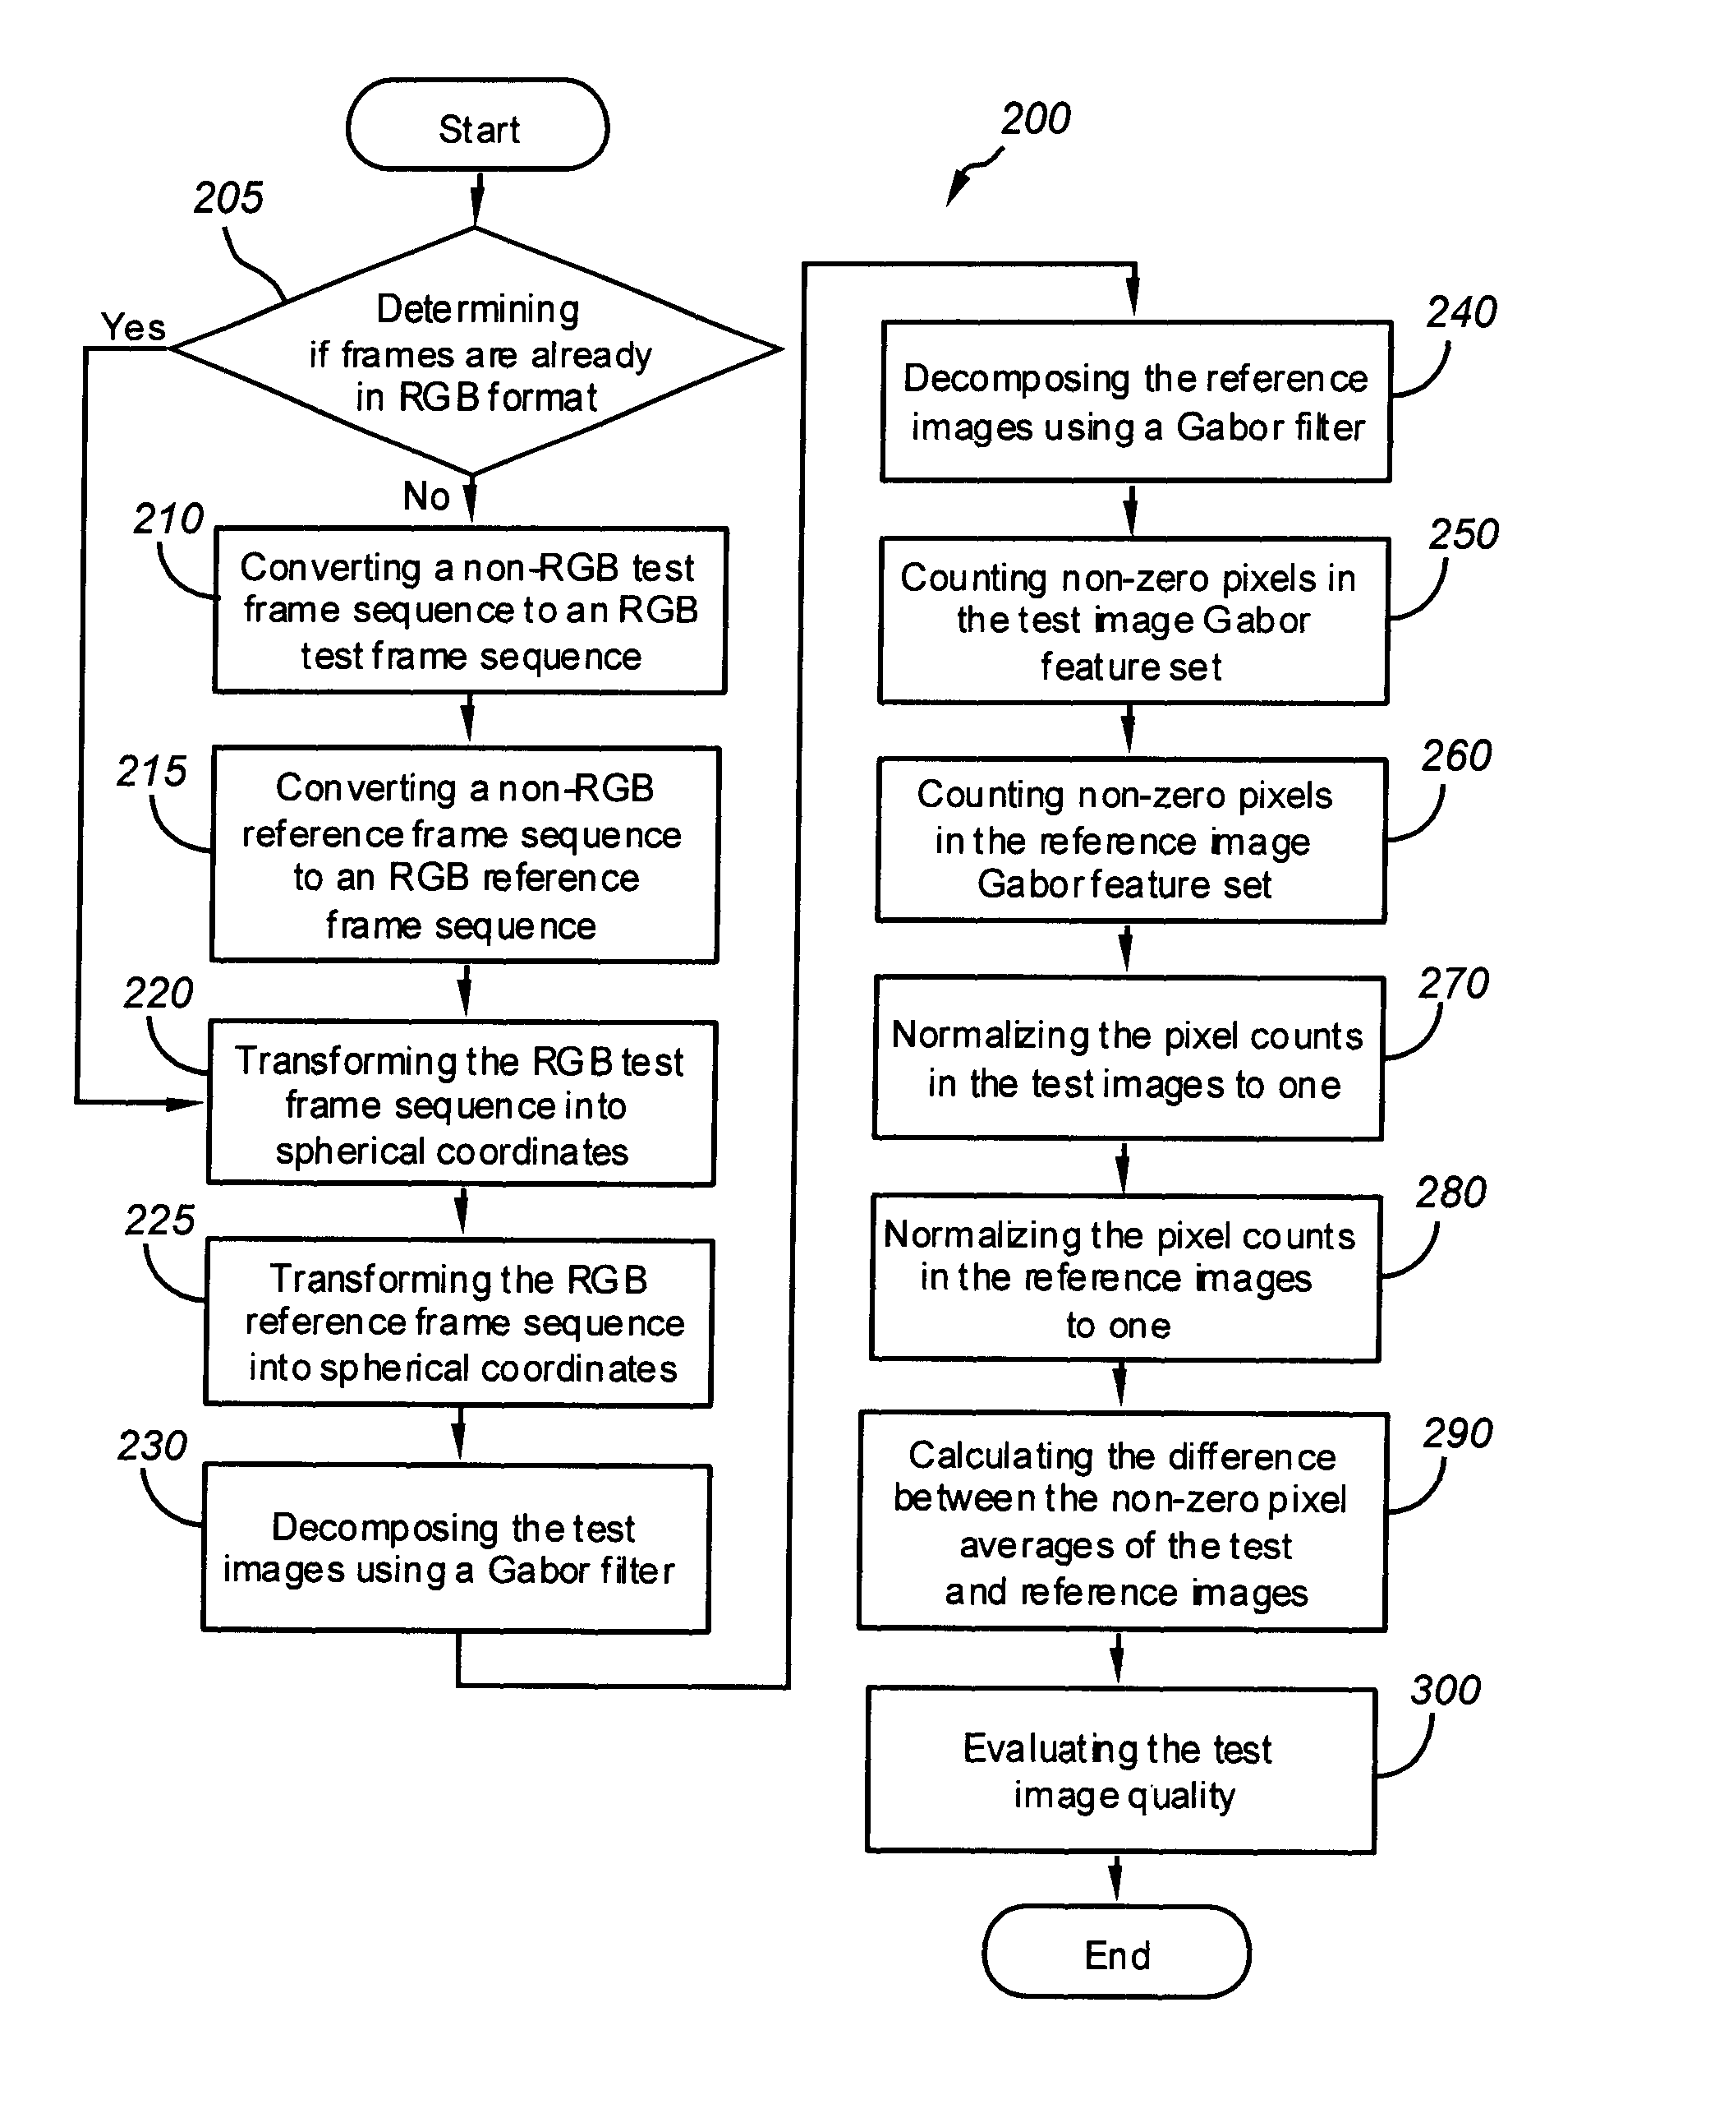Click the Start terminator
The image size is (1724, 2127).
coord(478,125)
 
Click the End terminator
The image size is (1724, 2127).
coord(1116,1951)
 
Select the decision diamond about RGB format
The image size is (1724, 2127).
coord(476,351)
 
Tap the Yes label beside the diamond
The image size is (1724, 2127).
coord(133,325)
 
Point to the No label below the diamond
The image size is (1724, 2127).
coord(427,496)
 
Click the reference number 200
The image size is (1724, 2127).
coord(1035,118)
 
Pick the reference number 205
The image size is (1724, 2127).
coord(228,198)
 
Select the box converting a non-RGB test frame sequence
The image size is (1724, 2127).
coord(471,610)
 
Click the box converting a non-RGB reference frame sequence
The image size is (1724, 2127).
coord(465,855)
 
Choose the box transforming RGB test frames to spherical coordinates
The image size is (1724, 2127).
coord(461,1103)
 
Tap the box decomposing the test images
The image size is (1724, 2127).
coord(456,1548)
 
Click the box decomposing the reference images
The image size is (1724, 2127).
coord(1136,401)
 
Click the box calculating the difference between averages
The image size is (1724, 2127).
coord(1122,1521)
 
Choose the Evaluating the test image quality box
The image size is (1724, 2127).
coord(1120,1769)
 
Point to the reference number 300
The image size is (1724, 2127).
coord(1445,1690)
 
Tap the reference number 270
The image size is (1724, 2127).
coord(1453,984)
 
